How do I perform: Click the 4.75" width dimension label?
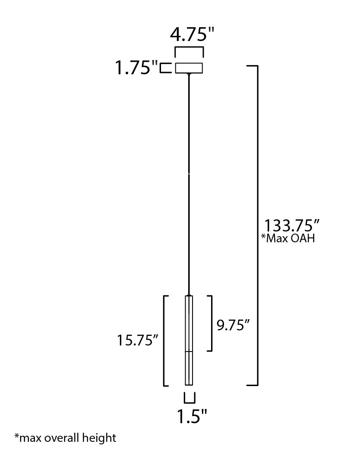(192, 35)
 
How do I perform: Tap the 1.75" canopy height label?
(136, 68)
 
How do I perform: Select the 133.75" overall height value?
(291, 225)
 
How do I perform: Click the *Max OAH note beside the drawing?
(288, 238)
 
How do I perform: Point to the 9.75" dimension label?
(233, 325)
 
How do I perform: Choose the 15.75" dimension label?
(138, 340)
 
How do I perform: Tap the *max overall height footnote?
(66, 438)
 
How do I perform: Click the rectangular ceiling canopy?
(189, 68)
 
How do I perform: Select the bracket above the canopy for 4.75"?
(189, 48)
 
